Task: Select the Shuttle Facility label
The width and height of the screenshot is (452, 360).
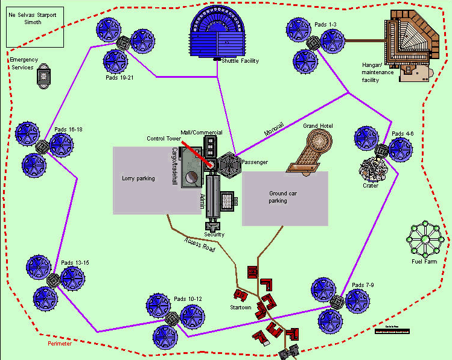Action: (x=240, y=61)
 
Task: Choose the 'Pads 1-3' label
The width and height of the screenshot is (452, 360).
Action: (x=325, y=25)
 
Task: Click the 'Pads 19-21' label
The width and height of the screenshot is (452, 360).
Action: (x=119, y=78)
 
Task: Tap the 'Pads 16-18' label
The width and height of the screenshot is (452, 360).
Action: (x=68, y=130)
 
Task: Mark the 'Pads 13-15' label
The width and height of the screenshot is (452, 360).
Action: (x=75, y=263)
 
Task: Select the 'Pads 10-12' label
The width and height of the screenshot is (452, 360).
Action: (x=188, y=299)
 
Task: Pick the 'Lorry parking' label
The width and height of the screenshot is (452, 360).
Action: (x=138, y=178)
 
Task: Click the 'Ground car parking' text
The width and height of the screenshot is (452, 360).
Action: (x=278, y=197)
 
